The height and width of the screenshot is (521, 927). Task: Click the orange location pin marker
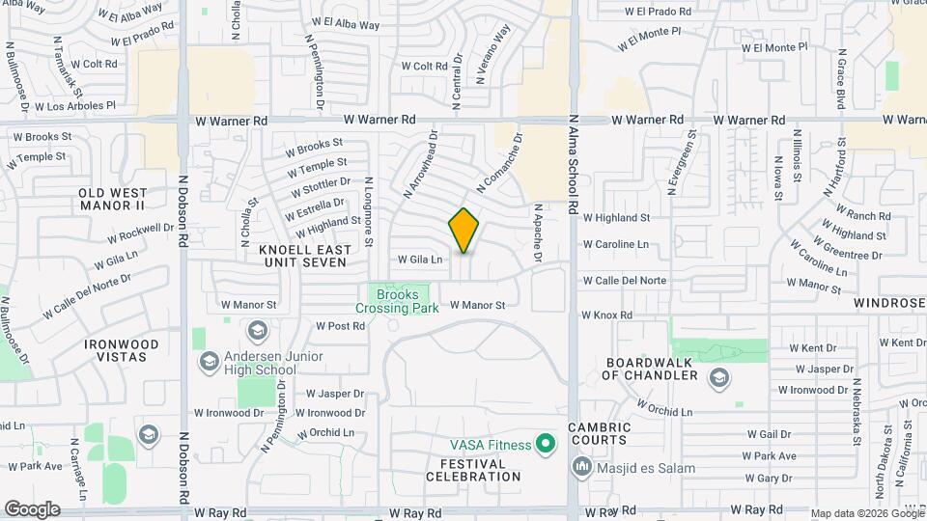[463, 231]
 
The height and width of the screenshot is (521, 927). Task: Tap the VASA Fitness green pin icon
[546, 445]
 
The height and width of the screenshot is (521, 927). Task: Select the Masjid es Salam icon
[582, 468]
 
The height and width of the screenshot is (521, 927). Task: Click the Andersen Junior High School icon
[209, 362]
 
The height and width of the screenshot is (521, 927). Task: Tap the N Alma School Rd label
[574, 165]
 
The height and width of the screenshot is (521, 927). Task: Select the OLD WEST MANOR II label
[112, 200]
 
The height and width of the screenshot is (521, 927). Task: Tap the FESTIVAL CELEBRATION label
[465, 470]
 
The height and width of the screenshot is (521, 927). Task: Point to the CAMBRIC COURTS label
[599, 434]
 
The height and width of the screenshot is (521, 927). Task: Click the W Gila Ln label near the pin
[420, 260]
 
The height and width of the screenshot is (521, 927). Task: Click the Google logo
[32, 508]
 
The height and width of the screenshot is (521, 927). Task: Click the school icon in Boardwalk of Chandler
[718, 377]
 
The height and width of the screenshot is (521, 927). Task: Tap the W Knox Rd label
[606, 315]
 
